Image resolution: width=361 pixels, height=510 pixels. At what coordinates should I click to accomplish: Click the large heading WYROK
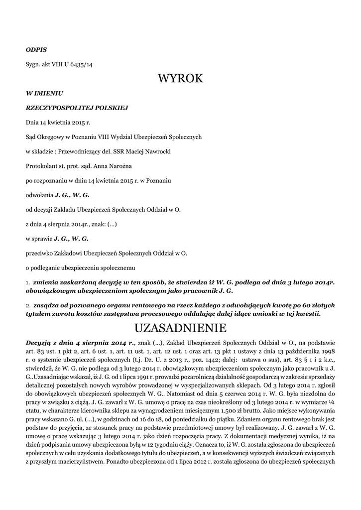[180, 79]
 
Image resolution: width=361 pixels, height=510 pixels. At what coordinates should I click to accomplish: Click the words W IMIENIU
[44, 93]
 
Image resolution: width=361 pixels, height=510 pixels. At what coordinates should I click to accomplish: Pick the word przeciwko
[40, 253]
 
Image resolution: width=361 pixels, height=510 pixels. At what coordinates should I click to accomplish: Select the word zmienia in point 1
[47, 282]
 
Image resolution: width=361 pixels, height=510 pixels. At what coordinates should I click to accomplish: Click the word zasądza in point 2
[47, 304]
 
